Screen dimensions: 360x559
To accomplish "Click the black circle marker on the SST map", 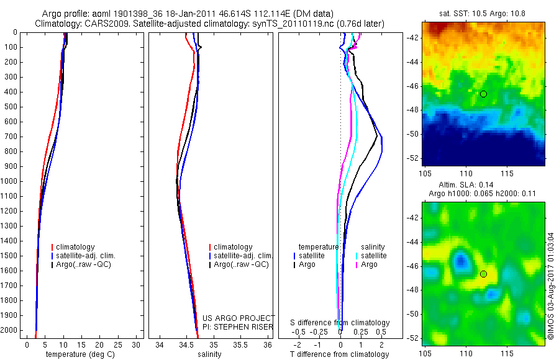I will coord(483,94).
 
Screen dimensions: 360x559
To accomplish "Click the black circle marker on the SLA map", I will coord(483,274).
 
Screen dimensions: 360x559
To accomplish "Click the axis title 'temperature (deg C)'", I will coord(78,354).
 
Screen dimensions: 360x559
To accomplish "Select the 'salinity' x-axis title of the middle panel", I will coord(209,354).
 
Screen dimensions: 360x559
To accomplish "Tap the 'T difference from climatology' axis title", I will coord(339,354).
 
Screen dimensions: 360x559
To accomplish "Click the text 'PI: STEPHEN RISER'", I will coord(238,326).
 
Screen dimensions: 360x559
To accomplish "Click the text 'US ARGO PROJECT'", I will coord(238,318).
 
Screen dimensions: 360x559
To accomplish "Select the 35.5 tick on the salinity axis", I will coord(240,344).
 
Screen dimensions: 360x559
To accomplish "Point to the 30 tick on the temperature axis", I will coord(137,344).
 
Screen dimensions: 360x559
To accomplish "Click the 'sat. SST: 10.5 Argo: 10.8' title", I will coord(483,13).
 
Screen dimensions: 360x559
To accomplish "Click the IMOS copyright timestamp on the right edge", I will coord(551,286).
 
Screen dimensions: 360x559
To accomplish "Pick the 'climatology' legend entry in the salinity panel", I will coord(232,247).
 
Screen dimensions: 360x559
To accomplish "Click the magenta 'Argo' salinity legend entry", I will coord(369,264).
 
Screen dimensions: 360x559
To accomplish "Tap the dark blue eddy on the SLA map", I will coord(460,259).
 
